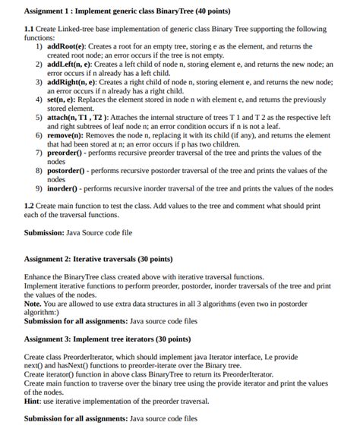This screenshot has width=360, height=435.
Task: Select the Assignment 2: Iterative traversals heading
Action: [x=98, y=259]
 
